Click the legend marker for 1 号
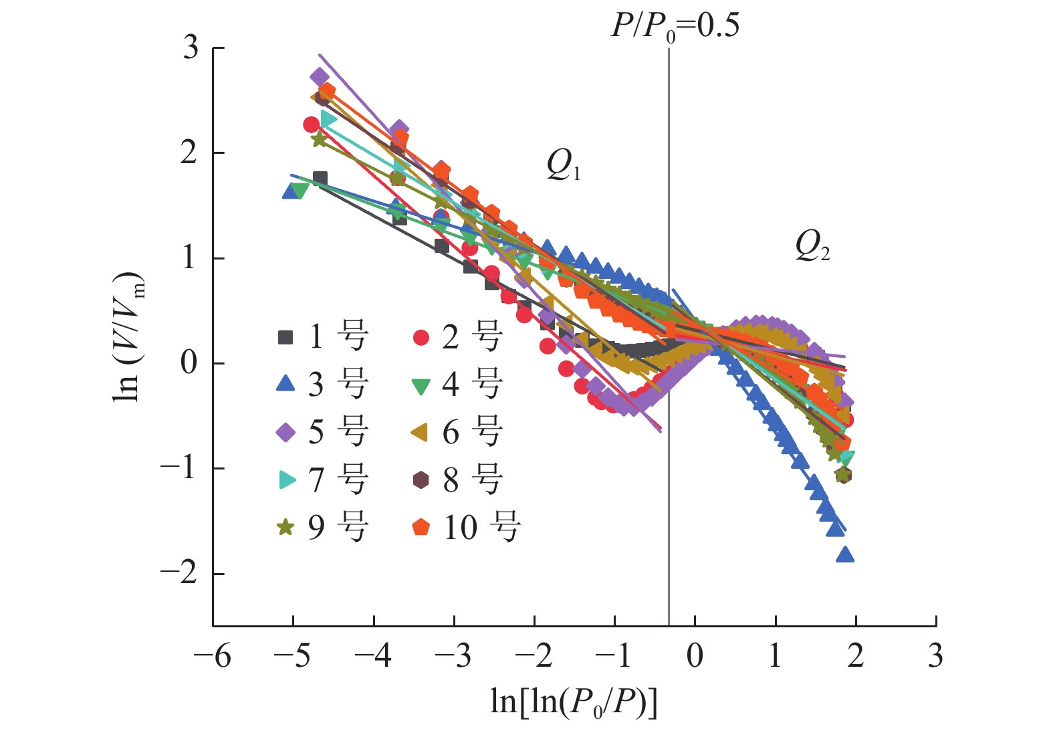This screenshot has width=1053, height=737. click(285, 337)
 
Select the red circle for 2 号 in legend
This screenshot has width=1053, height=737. click(421, 337)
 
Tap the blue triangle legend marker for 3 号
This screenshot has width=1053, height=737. click(285, 384)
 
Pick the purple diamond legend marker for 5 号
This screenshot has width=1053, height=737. click(285, 432)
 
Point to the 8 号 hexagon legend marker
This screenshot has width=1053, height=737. click(421, 480)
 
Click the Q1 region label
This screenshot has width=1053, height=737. click(563, 164)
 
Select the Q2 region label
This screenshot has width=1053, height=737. click(812, 245)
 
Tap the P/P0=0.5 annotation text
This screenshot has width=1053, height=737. click(675, 27)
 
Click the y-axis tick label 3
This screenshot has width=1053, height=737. click(191, 48)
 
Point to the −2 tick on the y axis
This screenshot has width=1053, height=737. click(179, 573)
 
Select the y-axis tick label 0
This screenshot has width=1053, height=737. click(190, 363)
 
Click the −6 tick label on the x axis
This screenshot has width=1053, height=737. click(213, 656)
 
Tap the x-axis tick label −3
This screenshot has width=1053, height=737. click(453, 656)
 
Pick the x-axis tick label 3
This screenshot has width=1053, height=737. click(935, 656)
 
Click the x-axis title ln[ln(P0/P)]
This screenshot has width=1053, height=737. click(574, 702)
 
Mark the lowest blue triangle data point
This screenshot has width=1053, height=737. click(845, 554)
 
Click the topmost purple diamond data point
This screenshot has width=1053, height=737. click(320, 77)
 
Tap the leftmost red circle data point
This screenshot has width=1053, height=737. click(311, 124)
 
